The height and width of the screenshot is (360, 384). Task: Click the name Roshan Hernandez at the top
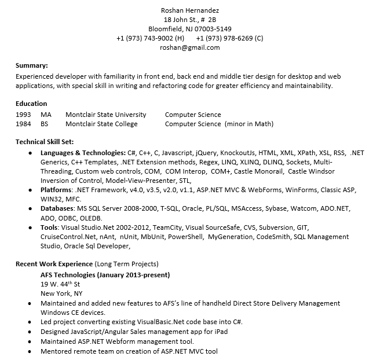pyautogui.click(x=190, y=10)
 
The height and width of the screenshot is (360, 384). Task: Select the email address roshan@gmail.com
pyautogui.click(x=190, y=47)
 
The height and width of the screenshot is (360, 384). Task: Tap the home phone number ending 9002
pyautogui.click(x=150, y=38)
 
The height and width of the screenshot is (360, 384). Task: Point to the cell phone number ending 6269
pyautogui.click(x=229, y=38)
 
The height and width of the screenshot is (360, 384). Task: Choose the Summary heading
pyautogui.click(x=31, y=65)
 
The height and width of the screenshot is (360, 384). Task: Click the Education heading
pyautogui.click(x=31, y=104)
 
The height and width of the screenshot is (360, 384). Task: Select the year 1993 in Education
pyautogui.click(x=23, y=115)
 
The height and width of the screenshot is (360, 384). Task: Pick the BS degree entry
pyautogui.click(x=45, y=124)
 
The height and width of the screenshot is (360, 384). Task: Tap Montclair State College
pyautogui.click(x=101, y=124)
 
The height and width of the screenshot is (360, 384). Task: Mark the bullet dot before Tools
pyautogui.click(x=30, y=227)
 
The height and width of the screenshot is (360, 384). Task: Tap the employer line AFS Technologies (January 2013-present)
pyautogui.click(x=105, y=274)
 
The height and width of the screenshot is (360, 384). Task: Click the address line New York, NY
pyautogui.click(x=58, y=293)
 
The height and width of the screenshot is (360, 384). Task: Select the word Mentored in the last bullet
pyautogui.click(x=57, y=351)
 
